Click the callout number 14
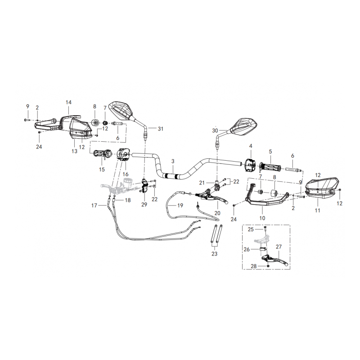pyautogui.click(x=69, y=103)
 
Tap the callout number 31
pyautogui.click(x=161, y=129)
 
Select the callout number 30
pyautogui.click(x=215, y=130)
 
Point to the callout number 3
pyautogui.click(x=173, y=161)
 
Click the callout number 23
pyautogui.click(x=214, y=254)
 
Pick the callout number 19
pyautogui.click(x=180, y=206)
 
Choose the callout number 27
pyautogui.click(x=279, y=247)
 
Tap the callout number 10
pyautogui.click(x=262, y=218)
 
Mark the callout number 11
pyautogui.click(x=317, y=210)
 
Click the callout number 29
pyautogui.click(x=144, y=204)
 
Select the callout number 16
pyautogui.click(x=126, y=174)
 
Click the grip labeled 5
pyautogui.click(x=270, y=167)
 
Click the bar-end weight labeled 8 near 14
pyautogui.click(x=95, y=122)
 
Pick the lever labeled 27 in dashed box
pyautogui.click(x=275, y=260)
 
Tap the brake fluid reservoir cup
pyautogui.click(x=127, y=182)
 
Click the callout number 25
pyautogui.click(x=251, y=229)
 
